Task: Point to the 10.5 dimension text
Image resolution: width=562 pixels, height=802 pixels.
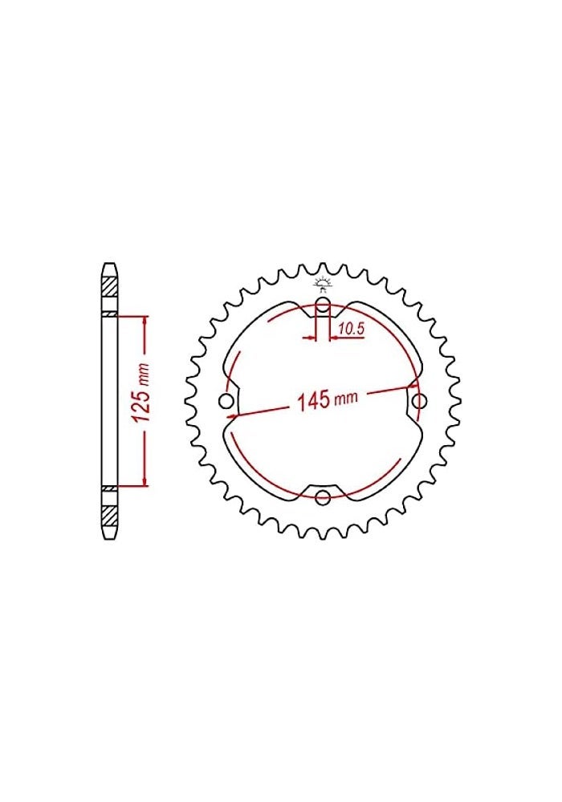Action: click(352, 327)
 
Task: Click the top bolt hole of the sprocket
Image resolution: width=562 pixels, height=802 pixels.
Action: click(323, 305)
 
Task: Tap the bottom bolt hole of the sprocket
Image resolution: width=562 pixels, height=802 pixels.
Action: click(323, 498)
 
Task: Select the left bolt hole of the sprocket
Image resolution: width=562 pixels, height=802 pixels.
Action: click(226, 401)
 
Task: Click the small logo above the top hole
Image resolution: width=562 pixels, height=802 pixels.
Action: click(323, 283)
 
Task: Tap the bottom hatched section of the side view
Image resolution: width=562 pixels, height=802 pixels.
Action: click(109, 514)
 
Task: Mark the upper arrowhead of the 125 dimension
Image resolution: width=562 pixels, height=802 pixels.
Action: click(145, 320)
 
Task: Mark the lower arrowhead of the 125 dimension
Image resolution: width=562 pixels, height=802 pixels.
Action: click(145, 481)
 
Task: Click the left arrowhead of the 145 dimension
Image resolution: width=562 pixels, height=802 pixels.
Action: click(234, 416)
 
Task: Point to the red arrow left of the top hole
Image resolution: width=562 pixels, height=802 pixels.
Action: click(309, 338)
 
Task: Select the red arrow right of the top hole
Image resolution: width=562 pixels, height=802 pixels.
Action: click(335, 338)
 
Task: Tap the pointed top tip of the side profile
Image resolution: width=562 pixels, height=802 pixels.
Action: click(109, 262)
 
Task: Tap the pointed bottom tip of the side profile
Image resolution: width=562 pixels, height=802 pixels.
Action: click(109, 540)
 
